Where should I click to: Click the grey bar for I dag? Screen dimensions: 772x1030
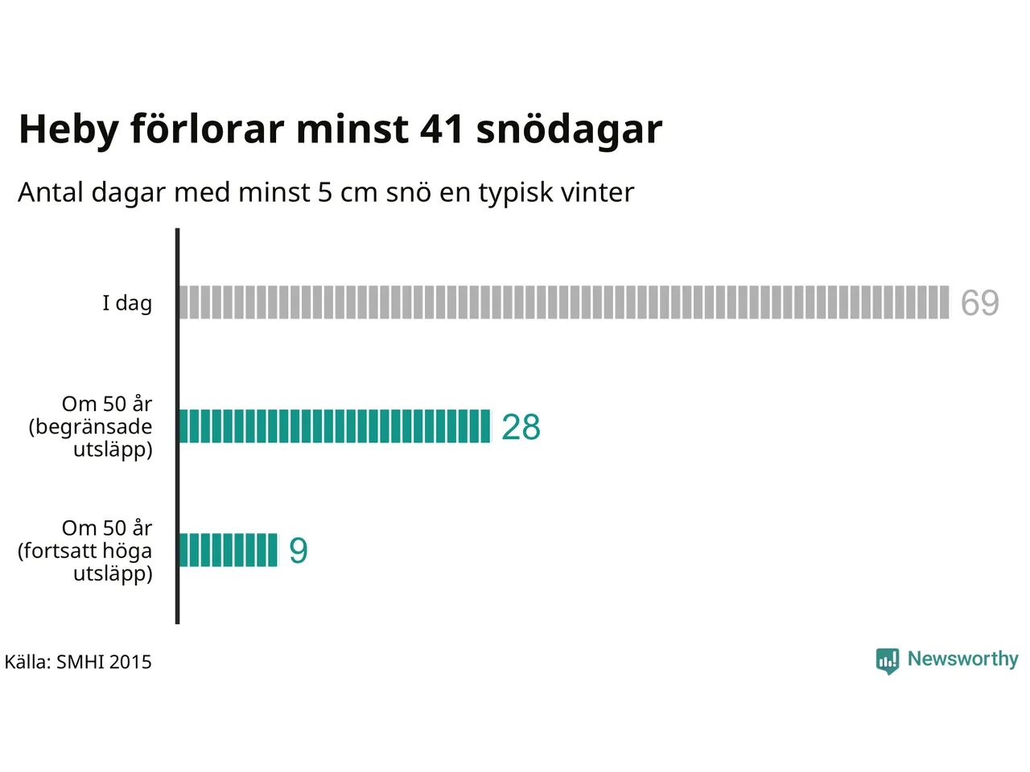[563, 302]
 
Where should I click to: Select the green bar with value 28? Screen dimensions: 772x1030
[334, 426]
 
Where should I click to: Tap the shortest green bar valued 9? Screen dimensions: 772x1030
[228, 550]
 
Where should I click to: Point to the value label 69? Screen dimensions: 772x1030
[979, 303]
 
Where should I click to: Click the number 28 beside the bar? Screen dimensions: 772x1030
[521, 427]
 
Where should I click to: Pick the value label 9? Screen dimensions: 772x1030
[299, 551]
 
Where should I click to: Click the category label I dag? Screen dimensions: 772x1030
[127, 303]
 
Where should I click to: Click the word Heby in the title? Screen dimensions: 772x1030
[68, 129]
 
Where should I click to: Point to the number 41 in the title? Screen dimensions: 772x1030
[442, 129]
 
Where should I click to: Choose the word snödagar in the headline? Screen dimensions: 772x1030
[569, 129]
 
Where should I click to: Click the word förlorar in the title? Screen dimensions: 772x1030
[208, 129]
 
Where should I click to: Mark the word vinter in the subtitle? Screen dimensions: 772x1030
[598, 192]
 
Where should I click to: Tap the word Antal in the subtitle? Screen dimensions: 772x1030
[51, 192]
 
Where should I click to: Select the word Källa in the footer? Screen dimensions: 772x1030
[27, 662]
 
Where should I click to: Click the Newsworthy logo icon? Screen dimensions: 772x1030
[888, 660]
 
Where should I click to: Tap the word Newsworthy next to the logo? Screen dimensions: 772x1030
[962, 659]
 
